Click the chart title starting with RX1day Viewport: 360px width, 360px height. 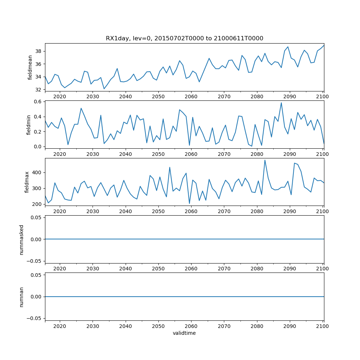184,39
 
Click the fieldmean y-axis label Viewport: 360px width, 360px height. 30,67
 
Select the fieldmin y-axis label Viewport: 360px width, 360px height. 29,124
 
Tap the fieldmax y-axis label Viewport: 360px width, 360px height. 27,182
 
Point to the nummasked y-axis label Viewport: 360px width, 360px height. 22,239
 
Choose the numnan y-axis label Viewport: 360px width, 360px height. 22,297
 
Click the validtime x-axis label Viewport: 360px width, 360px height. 184,333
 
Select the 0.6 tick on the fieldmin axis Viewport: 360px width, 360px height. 37,102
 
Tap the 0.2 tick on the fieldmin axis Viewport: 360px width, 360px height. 37,132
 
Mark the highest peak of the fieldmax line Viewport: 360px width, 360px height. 265,160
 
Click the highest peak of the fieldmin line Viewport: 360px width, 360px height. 281,103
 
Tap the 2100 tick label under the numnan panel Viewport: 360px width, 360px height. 323,326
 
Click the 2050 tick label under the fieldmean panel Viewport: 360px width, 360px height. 158,96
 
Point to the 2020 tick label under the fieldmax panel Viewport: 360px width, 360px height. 60,211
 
